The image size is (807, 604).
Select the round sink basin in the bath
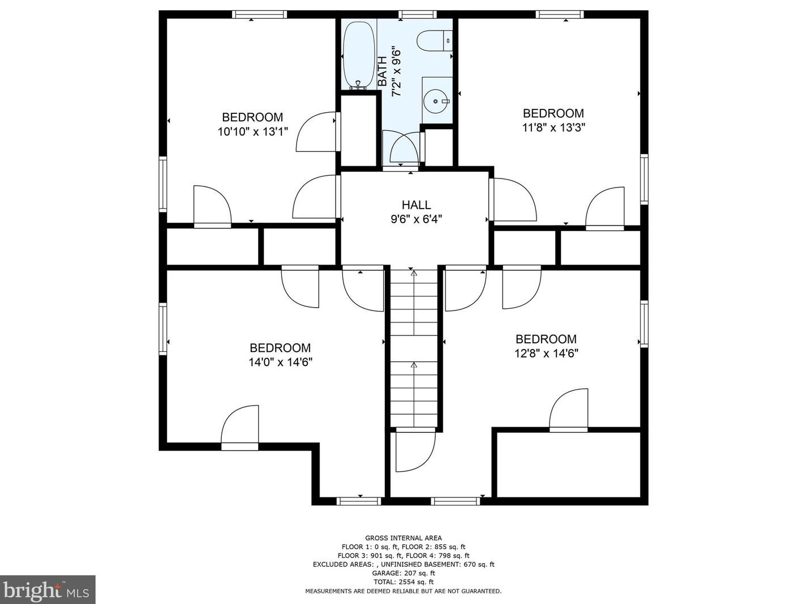436,101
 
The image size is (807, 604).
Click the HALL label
416,205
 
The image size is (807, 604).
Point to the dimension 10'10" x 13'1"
252,131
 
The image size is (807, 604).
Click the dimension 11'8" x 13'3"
553,127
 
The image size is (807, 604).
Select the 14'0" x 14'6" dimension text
280,362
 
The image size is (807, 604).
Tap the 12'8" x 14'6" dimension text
546,354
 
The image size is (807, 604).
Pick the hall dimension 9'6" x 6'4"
416,219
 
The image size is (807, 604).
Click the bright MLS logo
47,590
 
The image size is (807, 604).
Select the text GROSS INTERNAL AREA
403,538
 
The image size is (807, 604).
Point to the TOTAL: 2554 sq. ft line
403,582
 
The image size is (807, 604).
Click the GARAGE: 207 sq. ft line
403,573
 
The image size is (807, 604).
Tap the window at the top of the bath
418,14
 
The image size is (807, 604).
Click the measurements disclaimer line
403,591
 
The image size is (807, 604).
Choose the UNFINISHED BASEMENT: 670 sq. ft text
437,564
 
